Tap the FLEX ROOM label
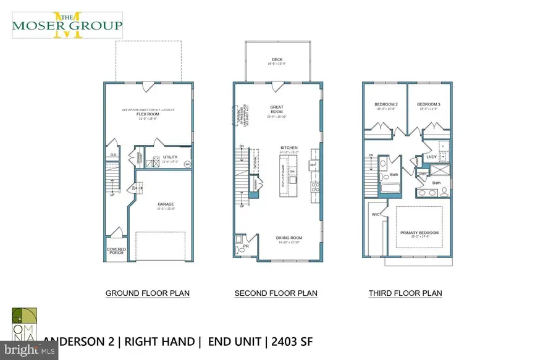coord(148,114)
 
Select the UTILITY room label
coord(170,157)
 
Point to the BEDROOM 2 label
coord(385,104)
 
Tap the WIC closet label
coord(375,215)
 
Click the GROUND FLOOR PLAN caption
coord(148,293)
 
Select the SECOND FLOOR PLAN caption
coord(276,293)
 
